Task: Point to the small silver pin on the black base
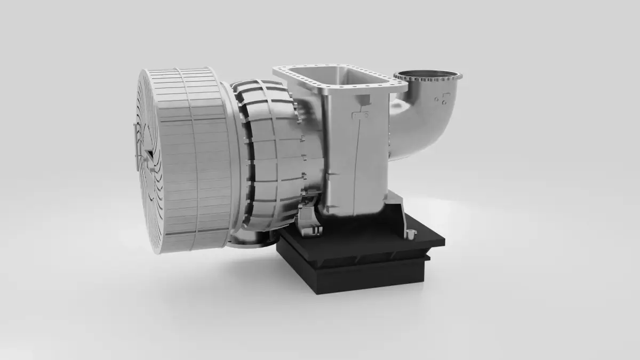click(411, 234)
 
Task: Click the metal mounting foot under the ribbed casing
click(309, 221)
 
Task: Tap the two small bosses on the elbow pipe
click(440, 99)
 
